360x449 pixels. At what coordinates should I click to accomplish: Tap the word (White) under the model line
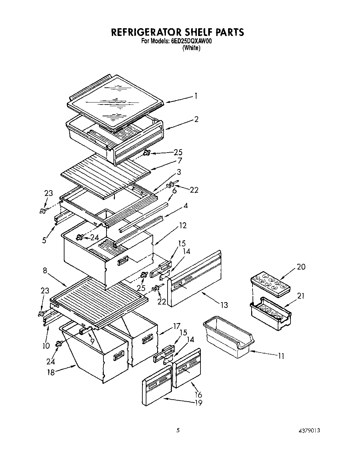(x=191, y=48)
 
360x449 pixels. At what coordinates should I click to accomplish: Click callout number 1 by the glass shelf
(x=195, y=96)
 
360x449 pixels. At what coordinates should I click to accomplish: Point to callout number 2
(x=196, y=119)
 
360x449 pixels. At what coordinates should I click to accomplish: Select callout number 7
(x=180, y=161)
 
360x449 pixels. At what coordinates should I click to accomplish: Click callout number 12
(x=183, y=226)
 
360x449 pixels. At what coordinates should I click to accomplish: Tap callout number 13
(x=224, y=305)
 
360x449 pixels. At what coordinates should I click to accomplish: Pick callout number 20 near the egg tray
(x=301, y=267)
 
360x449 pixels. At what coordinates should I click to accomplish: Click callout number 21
(x=301, y=295)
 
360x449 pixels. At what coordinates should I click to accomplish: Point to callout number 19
(x=198, y=403)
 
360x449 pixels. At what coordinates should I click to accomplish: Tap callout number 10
(x=46, y=345)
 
